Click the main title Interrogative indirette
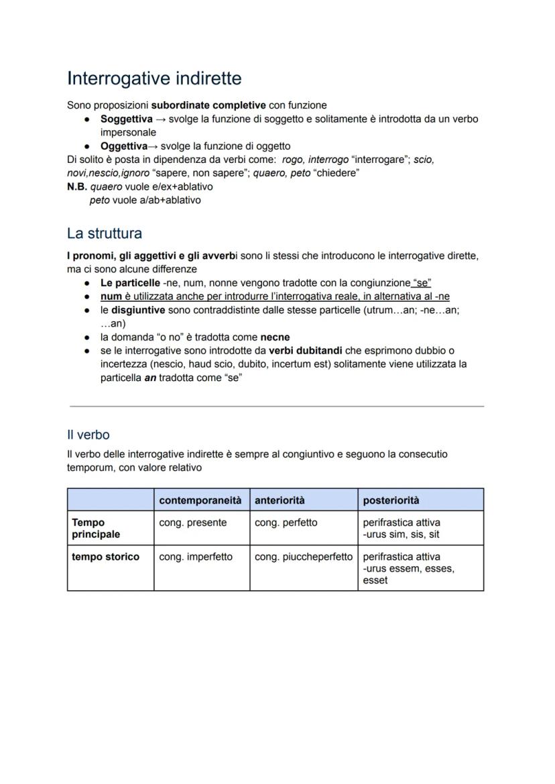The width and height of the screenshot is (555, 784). click(154, 78)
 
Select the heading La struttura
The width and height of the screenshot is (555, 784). click(104, 233)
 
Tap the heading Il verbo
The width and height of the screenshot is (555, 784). click(88, 435)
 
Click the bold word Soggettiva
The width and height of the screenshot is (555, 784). click(126, 119)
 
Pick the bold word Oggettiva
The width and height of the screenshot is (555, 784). click(123, 146)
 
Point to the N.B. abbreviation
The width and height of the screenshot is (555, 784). click(77, 186)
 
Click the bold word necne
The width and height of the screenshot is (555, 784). click(275, 337)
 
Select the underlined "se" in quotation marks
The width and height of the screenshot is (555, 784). click(422, 283)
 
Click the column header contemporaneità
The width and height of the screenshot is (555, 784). click(200, 500)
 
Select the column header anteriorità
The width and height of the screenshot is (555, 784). click(280, 500)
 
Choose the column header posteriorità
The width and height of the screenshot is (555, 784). click(391, 500)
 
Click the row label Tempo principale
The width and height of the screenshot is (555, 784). click(96, 528)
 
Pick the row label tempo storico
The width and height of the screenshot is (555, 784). click(105, 557)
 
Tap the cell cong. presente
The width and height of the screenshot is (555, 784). click(192, 522)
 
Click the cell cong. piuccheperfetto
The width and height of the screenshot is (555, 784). click(303, 557)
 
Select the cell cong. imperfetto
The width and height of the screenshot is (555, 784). click(196, 557)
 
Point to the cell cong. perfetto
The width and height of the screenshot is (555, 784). click(286, 522)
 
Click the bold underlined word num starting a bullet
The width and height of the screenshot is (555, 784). click(111, 296)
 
